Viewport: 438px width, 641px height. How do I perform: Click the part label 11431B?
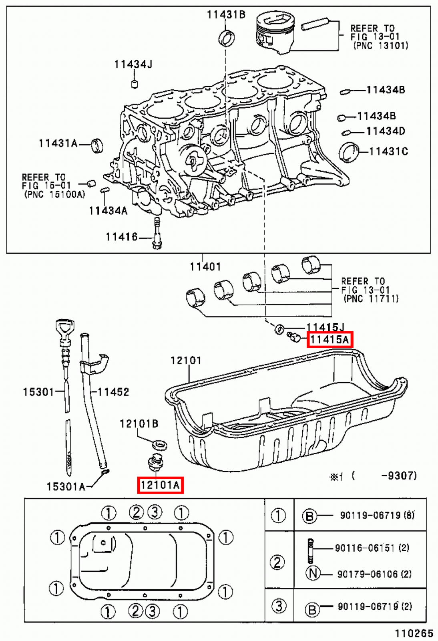coord(226,15)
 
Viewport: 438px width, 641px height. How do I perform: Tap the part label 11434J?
coord(133,64)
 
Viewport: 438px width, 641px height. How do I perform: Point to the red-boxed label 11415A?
coord(330,340)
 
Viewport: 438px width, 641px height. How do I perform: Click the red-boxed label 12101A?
coord(160,485)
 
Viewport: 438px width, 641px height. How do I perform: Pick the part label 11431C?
coord(388,151)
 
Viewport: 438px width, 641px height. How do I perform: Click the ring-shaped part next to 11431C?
coord(349,152)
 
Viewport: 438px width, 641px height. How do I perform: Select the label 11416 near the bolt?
coord(121,237)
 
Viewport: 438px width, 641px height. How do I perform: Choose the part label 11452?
coord(113,392)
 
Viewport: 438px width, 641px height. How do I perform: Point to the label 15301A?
coord(66,487)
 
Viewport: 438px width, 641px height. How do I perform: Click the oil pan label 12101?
coord(186,361)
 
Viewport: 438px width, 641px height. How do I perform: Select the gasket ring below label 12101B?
coord(160,444)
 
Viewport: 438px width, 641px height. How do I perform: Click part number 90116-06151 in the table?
coord(365,548)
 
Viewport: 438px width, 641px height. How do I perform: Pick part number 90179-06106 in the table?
coord(367,574)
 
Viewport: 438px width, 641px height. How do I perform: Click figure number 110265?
coord(414,633)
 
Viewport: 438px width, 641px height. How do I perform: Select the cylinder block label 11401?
coord(205,266)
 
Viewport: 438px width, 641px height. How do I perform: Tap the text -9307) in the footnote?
coord(399,476)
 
